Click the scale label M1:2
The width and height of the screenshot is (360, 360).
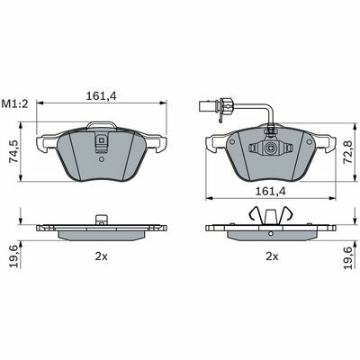click(14, 104)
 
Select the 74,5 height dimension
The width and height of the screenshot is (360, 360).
click(13, 151)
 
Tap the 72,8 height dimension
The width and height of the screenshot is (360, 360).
click(347, 151)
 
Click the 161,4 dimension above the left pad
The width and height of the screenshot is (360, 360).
click(101, 96)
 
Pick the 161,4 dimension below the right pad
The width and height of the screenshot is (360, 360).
click(270, 191)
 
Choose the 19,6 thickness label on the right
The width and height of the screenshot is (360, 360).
click(347, 257)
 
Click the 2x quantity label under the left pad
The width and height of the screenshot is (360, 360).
click(102, 256)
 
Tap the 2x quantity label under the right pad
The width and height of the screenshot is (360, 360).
click(272, 256)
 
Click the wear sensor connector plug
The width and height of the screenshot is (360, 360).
click(210, 105)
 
